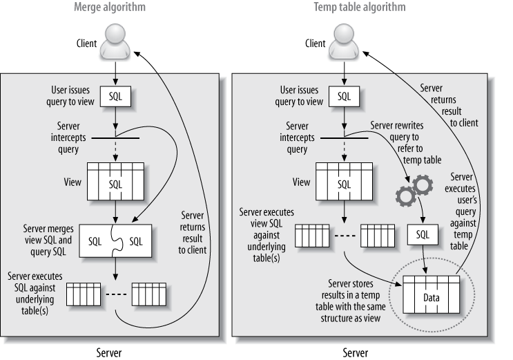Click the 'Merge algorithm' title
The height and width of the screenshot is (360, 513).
[x=110, y=7]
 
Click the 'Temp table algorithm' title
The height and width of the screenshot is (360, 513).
[x=360, y=7]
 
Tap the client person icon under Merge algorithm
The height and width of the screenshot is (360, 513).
[x=115, y=41]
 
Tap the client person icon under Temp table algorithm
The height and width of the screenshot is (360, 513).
[x=344, y=41]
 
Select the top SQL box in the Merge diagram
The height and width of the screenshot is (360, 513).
[x=115, y=96]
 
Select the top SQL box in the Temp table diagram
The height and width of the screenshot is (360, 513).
[x=344, y=96]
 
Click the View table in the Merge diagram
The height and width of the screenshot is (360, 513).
[x=115, y=181]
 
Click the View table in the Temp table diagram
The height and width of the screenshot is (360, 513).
[x=344, y=181]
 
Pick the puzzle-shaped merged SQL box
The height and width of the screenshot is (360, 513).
[x=115, y=240]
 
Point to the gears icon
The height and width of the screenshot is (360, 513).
[x=414, y=191]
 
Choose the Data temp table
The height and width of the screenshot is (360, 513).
[x=432, y=294]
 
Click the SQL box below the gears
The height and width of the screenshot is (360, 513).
[x=423, y=234]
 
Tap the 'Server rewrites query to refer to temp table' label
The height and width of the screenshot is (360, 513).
[x=406, y=142]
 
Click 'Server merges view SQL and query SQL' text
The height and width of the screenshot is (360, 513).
[x=48, y=240]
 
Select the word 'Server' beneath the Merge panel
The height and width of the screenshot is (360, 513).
[x=109, y=353]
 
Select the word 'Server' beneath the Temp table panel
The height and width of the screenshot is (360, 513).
[x=356, y=353]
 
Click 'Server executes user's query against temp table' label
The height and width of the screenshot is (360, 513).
[x=461, y=211]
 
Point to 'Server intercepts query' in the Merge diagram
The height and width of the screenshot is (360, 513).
[x=68, y=138]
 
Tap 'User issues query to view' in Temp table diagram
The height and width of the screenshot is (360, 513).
[x=299, y=95]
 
